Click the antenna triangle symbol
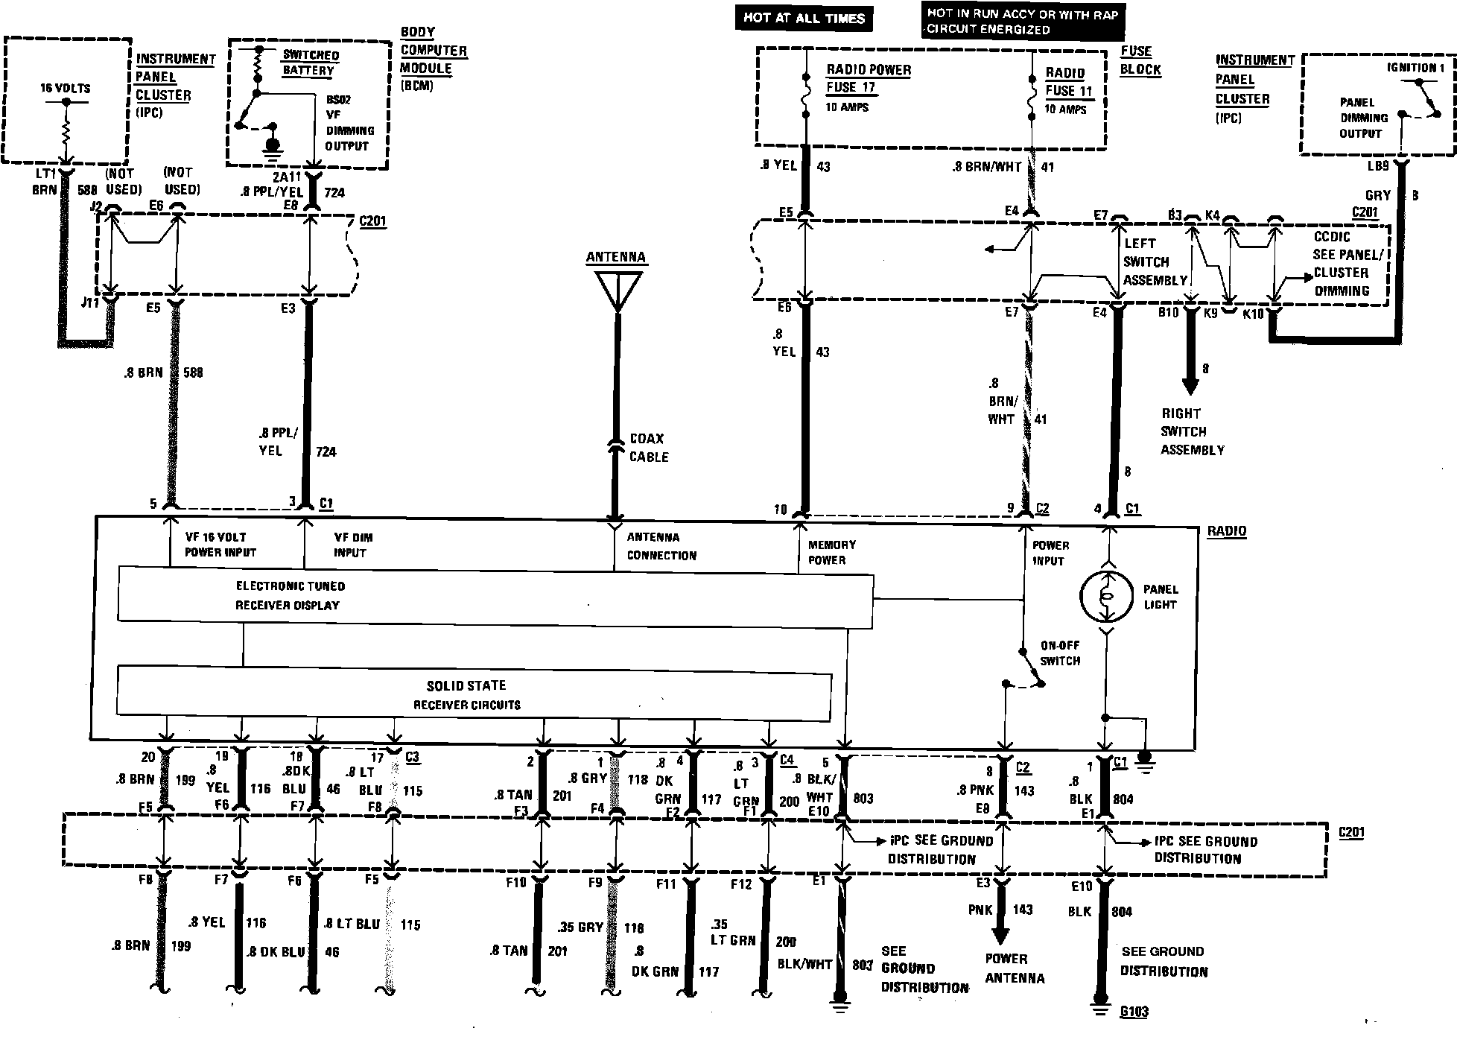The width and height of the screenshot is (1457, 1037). pos(617,290)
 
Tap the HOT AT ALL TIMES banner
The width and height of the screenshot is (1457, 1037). pos(804,18)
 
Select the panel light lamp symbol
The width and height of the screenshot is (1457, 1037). pos(1106,597)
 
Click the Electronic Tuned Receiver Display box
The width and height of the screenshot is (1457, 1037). pos(495,596)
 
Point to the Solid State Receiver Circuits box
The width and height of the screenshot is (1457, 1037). pos(474,695)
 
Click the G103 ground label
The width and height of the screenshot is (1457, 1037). pos(1134,1012)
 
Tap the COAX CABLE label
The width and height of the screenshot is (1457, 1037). pos(649,448)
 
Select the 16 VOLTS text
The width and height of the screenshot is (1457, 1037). pos(65,88)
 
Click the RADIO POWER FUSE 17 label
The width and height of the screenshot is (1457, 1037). pos(868,78)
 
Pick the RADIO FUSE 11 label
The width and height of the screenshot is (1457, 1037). pos(1068,82)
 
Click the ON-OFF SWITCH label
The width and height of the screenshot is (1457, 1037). pos(1060,653)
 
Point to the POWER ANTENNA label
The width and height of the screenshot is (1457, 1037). pos(1014,968)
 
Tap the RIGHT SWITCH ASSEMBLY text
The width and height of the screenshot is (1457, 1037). pos(1192,431)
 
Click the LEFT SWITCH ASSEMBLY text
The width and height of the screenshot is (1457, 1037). pos(1155,262)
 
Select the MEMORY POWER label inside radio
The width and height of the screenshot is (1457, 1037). pos(831,552)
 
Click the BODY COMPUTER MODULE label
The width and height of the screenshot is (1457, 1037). pos(434,59)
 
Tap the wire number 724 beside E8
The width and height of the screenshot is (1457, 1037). pos(334,193)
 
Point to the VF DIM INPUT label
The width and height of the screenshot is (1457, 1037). pos(353,545)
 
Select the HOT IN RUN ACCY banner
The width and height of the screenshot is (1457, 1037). pos(1022,22)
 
